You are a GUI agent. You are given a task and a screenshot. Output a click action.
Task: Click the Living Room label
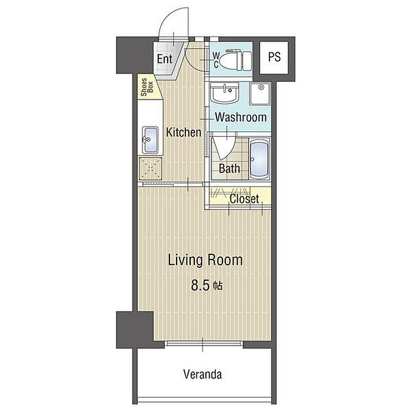coord(205,260)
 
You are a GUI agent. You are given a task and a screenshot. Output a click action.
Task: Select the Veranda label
coord(202,374)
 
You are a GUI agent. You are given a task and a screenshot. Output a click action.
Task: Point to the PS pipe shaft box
coord(274,58)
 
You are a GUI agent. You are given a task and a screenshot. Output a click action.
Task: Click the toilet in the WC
coord(235,61)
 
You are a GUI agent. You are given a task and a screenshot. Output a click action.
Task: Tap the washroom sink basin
coord(224,93)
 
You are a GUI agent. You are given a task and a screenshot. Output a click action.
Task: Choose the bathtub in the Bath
coord(259,159)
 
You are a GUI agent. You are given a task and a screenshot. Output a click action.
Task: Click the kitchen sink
coord(150,140)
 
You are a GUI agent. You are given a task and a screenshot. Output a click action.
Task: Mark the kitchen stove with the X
coord(150,168)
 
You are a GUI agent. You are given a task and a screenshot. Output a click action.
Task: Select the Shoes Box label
coord(147,87)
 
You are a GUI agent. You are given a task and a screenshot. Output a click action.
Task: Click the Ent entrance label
coord(164,59)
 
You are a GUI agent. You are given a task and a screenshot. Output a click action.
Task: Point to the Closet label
coord(244,199)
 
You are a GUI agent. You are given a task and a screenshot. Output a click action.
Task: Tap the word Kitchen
coord(184,132)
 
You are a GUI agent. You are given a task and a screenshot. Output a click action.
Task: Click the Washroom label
coord(241,117)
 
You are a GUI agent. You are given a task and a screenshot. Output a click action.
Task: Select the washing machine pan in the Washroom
coord(260,94)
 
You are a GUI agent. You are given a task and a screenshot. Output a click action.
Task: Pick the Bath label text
coord(230,168)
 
